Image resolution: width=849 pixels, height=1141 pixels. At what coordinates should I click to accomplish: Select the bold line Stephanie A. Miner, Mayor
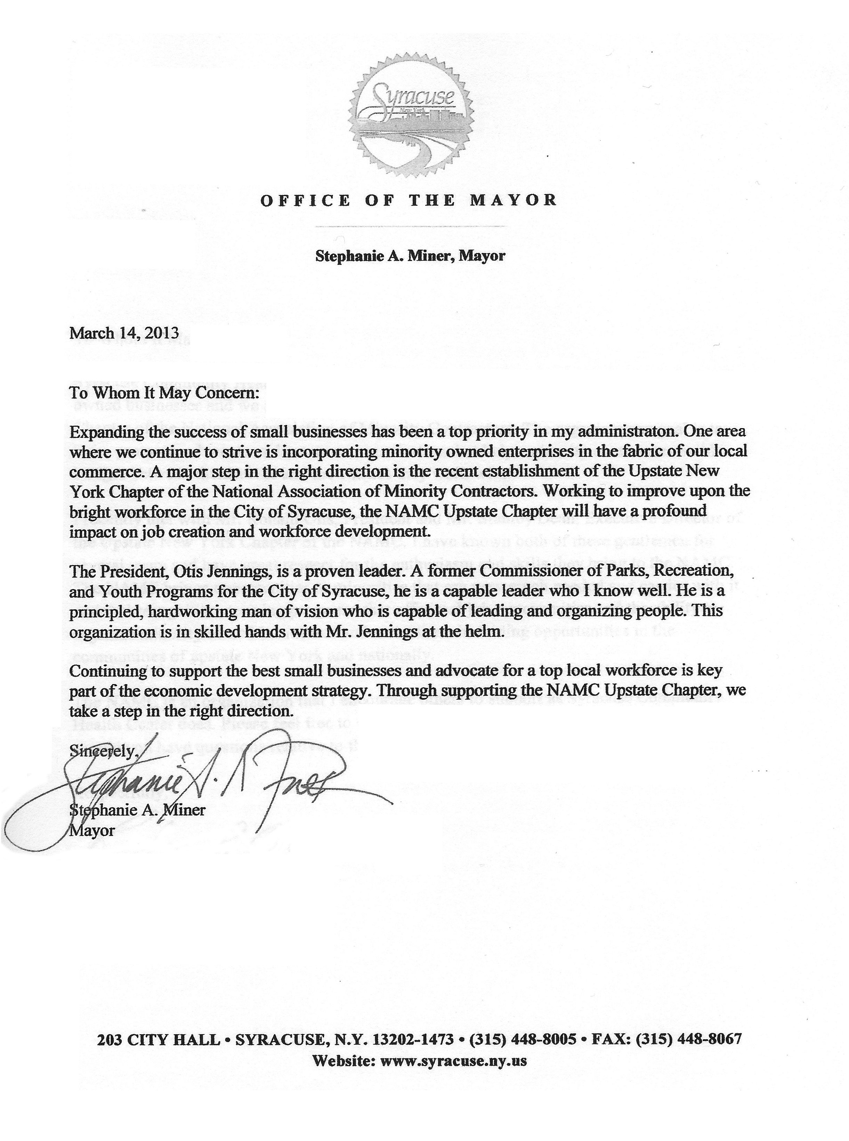410,256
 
